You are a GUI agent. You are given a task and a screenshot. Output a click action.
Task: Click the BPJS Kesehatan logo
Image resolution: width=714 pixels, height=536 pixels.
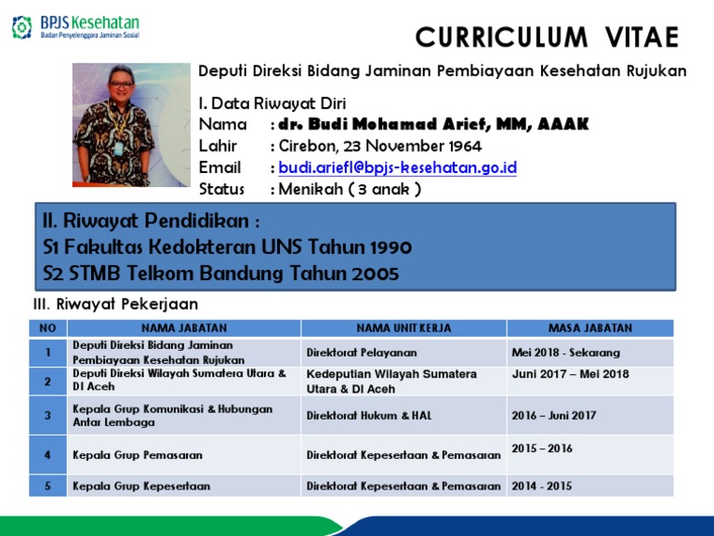pyautogui.click(x=75, y=27)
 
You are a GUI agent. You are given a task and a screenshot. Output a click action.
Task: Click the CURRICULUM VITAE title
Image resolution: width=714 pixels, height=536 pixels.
pyautogui.click(x=547, y=37)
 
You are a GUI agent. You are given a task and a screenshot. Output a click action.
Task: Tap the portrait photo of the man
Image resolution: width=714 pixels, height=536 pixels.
pyautogui.click(x=131, y=125)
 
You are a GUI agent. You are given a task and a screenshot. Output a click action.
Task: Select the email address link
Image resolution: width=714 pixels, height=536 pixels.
pyautogui.click(x=397, y=167)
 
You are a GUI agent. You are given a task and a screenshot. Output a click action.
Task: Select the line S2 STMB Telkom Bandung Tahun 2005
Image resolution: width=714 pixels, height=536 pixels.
pyautogui.click(x=221, y=273)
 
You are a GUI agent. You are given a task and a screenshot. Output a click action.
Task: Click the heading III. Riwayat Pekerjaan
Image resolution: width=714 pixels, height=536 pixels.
pyautogui.click(x=115, y=304)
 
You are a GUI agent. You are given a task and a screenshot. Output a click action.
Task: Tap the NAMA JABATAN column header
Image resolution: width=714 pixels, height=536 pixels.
pyautogui.click(x=184, y=328)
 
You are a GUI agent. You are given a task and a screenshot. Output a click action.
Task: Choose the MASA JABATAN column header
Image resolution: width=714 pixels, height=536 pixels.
pyautogui.click(x=589, y=328)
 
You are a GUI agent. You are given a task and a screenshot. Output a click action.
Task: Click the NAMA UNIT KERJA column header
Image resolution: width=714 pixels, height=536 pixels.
pyautogui.click(x=404, y=328)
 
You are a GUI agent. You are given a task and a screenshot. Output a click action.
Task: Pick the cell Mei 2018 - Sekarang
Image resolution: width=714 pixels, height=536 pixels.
pyautogui.click(x=565, y=353)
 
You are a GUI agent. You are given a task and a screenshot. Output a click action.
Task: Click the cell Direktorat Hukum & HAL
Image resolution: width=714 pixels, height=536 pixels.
pyautogui.click(x=369, y=415)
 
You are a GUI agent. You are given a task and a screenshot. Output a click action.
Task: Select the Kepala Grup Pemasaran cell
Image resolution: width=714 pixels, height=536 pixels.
pyautogui.click(x=138, y=455)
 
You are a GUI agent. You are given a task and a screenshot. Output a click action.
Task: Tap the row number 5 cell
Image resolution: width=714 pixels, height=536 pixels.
pyautogui.click(x=47, y=486)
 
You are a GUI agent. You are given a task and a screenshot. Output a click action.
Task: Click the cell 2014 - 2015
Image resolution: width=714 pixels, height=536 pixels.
pyautogui.click(x=542, y=486)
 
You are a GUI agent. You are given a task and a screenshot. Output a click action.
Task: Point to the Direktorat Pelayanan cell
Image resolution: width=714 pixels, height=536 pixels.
pyautogui.click(x=362, y=353)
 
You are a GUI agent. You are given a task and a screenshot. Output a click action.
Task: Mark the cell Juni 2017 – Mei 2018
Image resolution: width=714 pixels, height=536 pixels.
pyautogui.click(x=570, y=374)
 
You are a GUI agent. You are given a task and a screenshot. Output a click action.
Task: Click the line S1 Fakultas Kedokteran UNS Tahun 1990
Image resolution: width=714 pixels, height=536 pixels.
pyautogui.click(x=228, y=248)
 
